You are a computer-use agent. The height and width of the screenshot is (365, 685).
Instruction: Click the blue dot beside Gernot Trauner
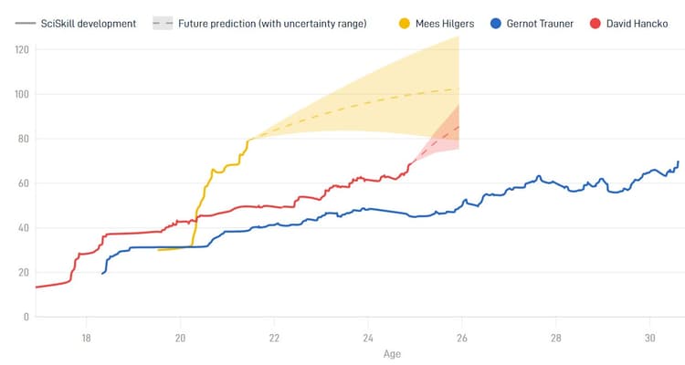(496, 23)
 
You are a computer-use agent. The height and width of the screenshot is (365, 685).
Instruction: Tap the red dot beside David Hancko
(594, 23)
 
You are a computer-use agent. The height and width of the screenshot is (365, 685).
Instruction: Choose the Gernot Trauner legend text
(542, 23)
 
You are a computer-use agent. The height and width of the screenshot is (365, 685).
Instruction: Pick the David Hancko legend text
(637, 23)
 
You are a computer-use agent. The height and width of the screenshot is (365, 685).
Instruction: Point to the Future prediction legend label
(272, 23)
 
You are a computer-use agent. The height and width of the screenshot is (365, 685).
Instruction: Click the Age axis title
(392, 353)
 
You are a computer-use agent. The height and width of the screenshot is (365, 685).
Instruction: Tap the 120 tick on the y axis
(20, 49)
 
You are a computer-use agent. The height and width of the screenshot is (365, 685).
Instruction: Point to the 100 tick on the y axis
(20, 94)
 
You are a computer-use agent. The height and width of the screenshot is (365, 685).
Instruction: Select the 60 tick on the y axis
(22, 183)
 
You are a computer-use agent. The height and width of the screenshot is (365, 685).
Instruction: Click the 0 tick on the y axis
(26, 317)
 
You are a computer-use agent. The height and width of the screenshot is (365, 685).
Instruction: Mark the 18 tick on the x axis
(86, 335)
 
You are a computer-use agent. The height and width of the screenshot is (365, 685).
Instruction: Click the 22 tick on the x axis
(274, 335)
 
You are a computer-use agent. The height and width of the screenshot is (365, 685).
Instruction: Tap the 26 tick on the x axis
(461, 335)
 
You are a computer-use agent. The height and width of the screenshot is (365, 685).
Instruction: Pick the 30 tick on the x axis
(649, 335)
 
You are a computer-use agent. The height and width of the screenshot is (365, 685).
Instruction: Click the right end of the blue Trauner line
(679, 162)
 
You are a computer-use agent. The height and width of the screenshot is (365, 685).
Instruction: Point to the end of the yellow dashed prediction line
(458, 89)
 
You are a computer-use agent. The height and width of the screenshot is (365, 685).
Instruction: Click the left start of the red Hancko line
(36, 287)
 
